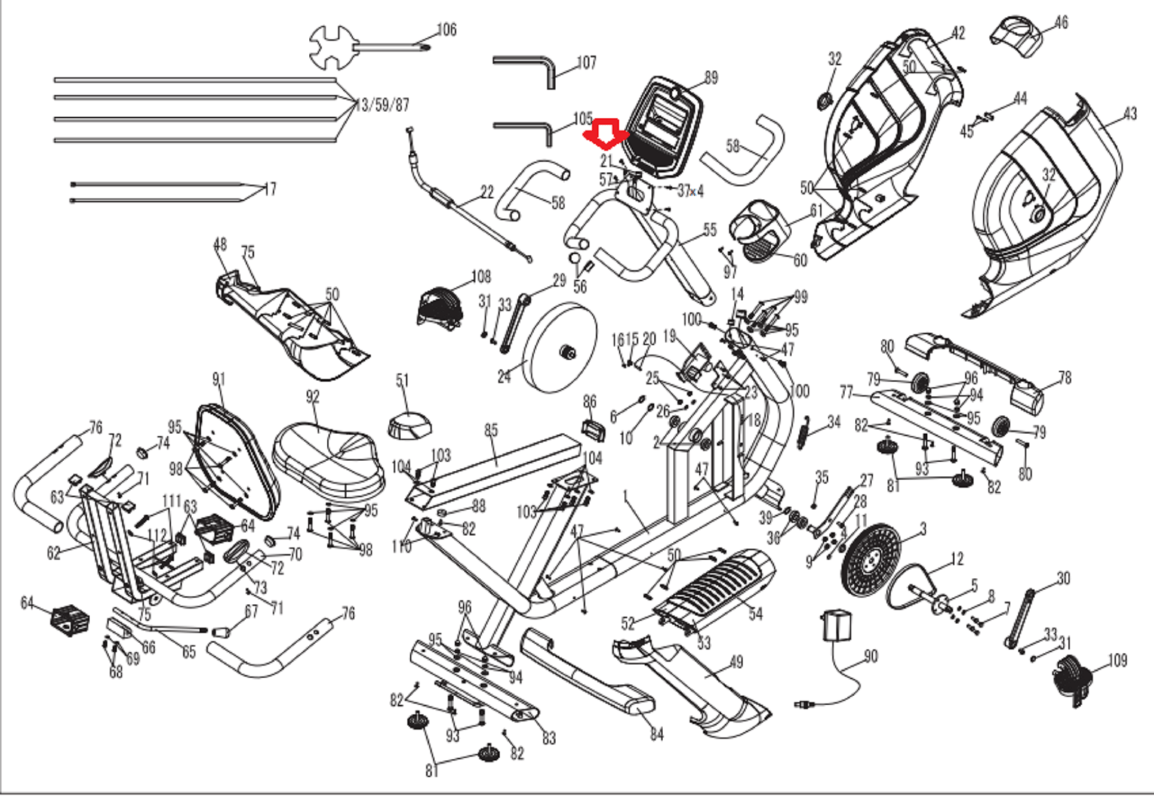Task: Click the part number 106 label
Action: pos(447,29)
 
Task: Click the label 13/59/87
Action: pos(382,105)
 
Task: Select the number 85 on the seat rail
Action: pos(491,430)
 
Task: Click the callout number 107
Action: pos(587,62)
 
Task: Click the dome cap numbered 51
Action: pos(410,424)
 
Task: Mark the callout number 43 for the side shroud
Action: pos(1130,114)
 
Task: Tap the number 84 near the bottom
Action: pos(656,733)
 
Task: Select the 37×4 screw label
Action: pos(690,191)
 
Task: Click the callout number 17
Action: pos(270,189)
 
